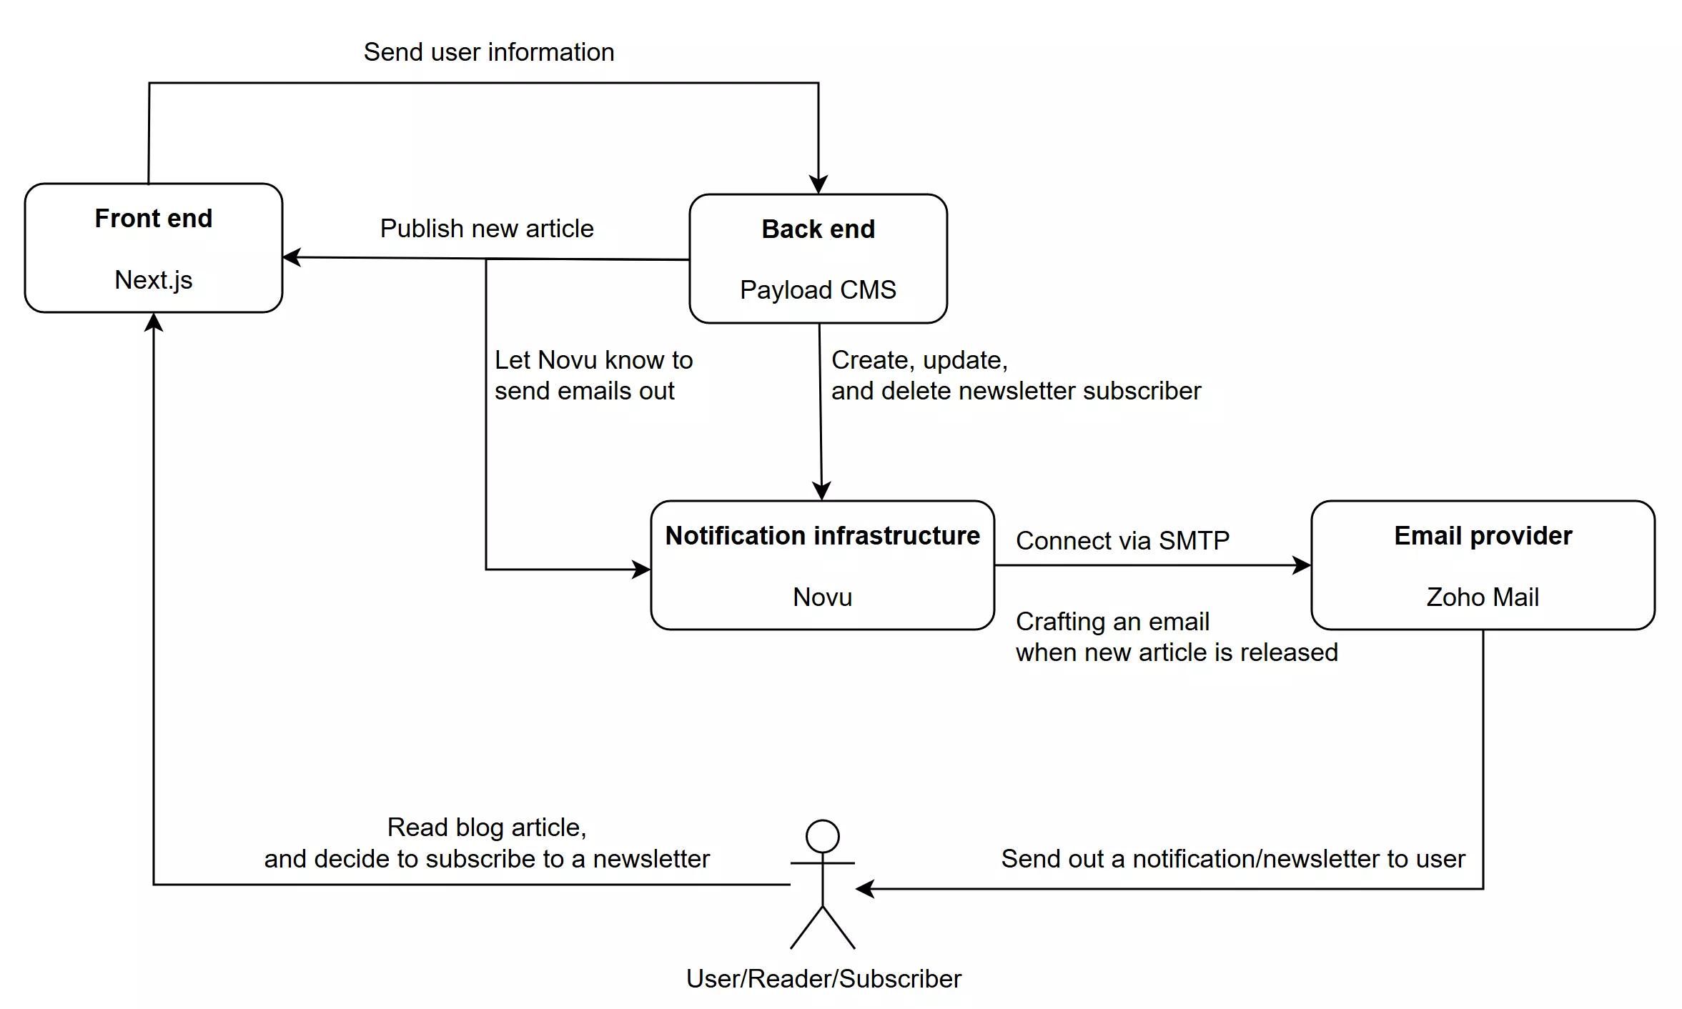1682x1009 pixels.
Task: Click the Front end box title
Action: (153, 218)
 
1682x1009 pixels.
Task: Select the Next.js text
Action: (153, 279)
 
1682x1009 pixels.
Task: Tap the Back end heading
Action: (818, 229)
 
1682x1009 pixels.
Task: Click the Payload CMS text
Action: (818, 289)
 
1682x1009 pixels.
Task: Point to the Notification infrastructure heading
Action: (822, 535)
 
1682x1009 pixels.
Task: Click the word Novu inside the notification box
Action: (822, 597)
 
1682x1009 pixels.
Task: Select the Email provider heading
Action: (1483, 535)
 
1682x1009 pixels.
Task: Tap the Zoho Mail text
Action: (1483, 597)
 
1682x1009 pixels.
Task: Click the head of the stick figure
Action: (822, 836)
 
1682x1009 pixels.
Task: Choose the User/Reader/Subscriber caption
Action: (823, 978)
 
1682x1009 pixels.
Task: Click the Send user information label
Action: (489, 52)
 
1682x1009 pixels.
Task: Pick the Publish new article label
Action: (487, 229)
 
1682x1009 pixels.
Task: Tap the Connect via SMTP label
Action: (1122, 540)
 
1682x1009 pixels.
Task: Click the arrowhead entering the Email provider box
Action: (1302, 565)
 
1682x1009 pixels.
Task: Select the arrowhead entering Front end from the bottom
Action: (154, 323)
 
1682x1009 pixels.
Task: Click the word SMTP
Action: (1194, 540)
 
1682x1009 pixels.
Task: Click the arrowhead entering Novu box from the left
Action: (641, 570)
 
